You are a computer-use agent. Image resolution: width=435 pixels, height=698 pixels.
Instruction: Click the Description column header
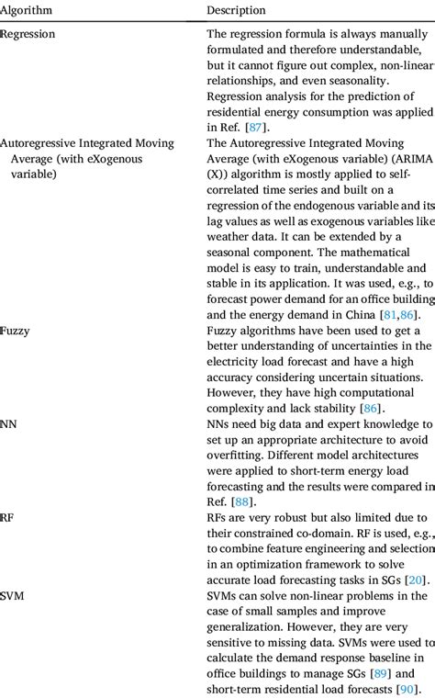pyautogui.click(x=236, y=10)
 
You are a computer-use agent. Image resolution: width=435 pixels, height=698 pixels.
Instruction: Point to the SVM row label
pyautogui.click(x=13, y=596)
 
